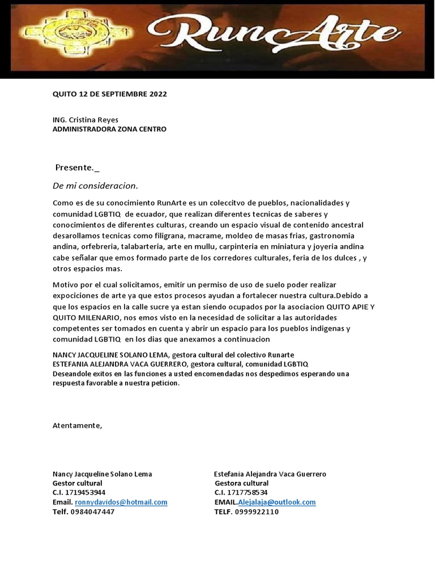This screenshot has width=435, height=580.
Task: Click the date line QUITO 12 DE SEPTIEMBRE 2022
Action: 109,94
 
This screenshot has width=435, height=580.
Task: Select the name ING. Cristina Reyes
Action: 86,120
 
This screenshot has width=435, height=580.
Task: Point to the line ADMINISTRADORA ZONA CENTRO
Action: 109,129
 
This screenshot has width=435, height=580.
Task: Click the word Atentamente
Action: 78,425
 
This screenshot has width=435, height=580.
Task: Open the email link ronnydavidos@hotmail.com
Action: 121,502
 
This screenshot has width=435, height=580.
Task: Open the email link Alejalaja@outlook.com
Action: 277,502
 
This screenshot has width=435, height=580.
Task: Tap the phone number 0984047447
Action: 92,511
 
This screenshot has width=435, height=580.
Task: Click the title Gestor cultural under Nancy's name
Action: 77,483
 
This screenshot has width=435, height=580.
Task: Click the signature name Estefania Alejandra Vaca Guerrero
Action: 270,474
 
